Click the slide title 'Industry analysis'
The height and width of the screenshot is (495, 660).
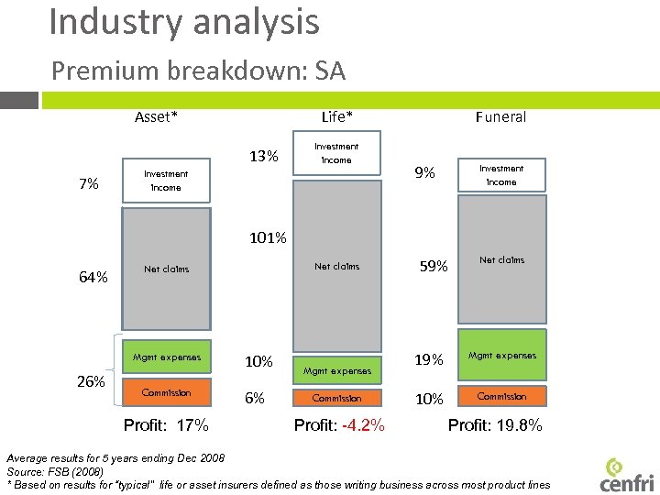(184, 22)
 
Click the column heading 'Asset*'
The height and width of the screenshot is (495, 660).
(156, 116)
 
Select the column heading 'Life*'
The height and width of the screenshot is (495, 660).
(337, 116)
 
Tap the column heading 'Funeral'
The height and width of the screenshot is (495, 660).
(500, 116)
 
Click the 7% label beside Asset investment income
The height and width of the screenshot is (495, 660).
(89, 184)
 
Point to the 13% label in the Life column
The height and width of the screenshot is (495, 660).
(264, 156)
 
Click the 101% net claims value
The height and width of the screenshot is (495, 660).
(267, 238)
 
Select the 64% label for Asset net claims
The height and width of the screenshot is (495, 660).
(93, 277)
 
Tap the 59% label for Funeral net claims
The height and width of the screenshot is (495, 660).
(434, 267)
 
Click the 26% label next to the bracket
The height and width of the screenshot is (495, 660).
(90, 381)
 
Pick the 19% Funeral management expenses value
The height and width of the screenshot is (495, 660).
(429, 361)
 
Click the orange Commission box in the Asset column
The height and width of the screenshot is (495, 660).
(166, 392)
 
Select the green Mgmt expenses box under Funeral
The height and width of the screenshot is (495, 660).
(501, 355)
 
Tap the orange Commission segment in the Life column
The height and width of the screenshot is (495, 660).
(336, 398)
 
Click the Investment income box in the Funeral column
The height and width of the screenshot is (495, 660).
(501, 175)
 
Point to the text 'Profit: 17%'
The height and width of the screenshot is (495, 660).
(166, 425)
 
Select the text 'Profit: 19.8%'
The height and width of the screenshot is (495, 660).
(495, 425)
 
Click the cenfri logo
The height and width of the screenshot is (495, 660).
(626, 473)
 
